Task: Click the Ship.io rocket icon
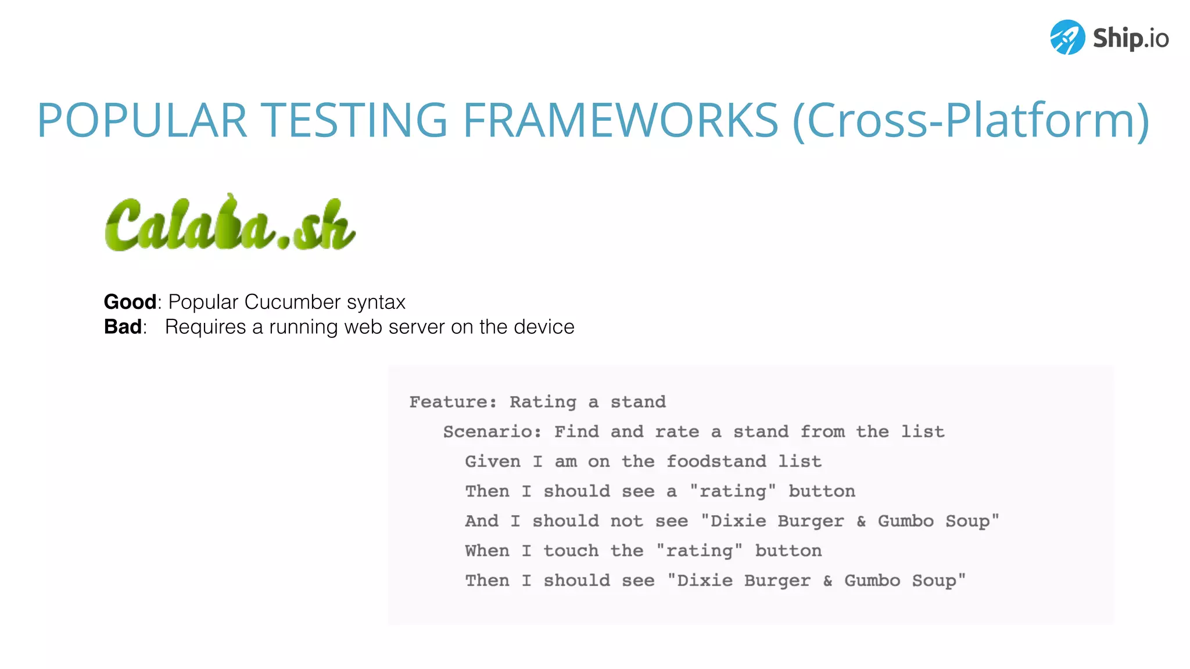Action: point(1067,37)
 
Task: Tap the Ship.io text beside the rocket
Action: point(1131,38)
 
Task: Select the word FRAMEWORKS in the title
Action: point(620,120)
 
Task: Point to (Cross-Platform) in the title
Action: point(971,121)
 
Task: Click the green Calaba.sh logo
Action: point(230,224)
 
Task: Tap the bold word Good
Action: point(130,302)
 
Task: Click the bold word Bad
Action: point(123,327)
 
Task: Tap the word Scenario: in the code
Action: point(492,431)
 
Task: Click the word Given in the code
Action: point(493,462)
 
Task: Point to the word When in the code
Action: point(487,551)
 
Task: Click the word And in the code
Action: point(482,521)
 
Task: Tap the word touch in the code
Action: point(571,551)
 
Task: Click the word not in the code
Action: point(626,521)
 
